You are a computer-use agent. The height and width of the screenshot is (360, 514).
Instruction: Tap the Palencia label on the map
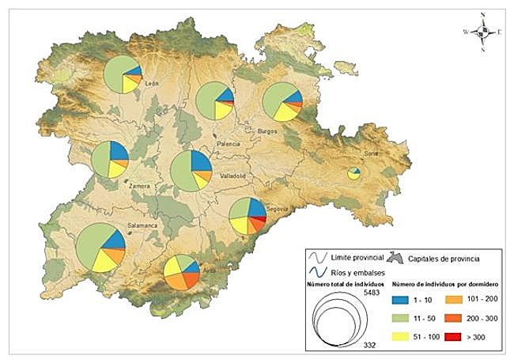228,145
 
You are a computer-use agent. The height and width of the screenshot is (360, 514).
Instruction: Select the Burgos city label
269,131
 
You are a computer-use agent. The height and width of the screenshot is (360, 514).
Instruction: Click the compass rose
482,32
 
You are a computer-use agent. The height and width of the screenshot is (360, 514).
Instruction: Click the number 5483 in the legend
374,292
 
